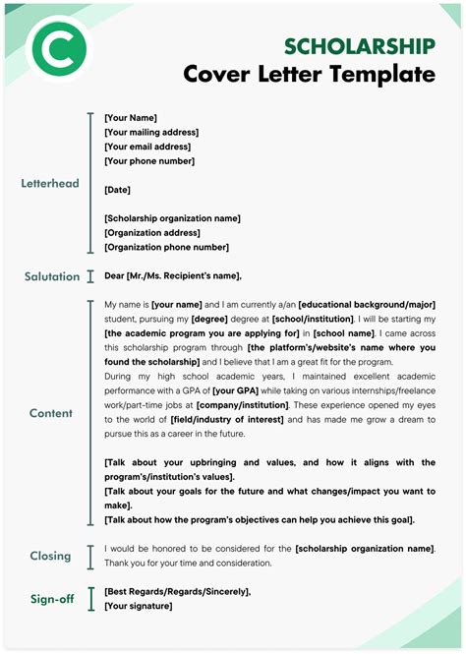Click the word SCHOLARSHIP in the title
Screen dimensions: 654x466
click(359, 46)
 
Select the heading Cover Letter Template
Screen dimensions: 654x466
click(309, 75)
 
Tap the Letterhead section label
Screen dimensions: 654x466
click(50, 184)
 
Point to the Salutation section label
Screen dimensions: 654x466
click(52, 276)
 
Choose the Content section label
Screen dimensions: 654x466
click(50, 413)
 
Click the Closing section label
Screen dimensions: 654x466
click(50, 556)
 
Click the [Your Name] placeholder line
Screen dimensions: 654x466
click(131, 118)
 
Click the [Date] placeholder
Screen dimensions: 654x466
click(117, 190)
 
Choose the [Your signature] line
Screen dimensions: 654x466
click(138, 606)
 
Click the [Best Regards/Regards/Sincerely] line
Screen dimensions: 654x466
click(177, 591)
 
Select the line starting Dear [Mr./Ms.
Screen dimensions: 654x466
click(173, 276)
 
